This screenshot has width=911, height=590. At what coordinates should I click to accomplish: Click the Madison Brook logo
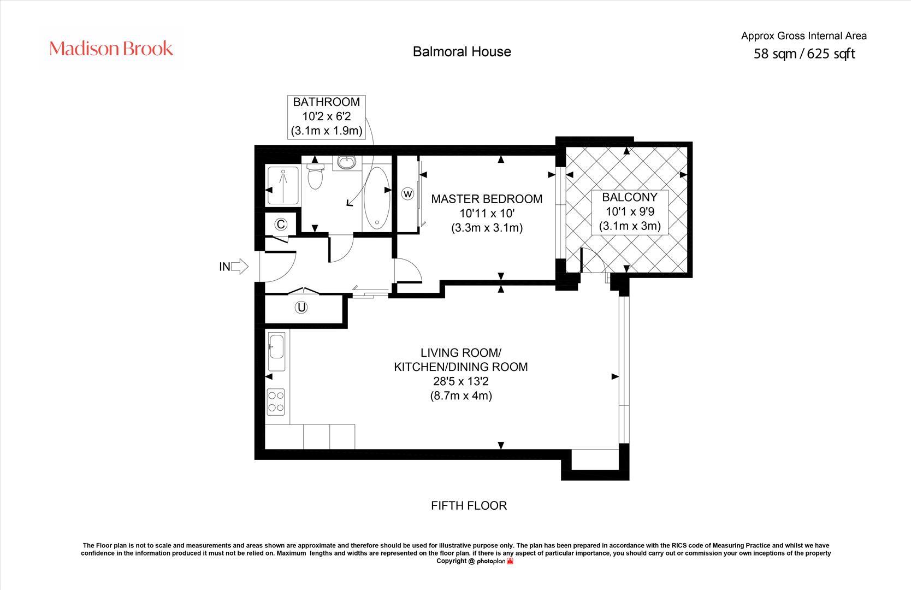click(x=111, y=49)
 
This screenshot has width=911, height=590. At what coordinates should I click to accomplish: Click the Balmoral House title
click(x=462, y=51)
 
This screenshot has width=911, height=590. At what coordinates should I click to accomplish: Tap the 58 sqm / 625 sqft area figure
click(x=804, y=54)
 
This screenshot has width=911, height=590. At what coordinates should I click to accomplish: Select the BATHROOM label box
click(x=327, y=116)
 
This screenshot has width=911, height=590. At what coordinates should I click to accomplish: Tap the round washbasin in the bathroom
click(x=346, y=162)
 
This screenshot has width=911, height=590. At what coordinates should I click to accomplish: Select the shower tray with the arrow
click(x=283, y=185)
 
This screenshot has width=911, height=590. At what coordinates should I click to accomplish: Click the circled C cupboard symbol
click(x=281, y=224)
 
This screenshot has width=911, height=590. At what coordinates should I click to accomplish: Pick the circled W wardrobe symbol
click(x=408, y=193)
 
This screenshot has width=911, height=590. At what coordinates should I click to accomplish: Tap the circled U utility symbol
click(x=301, y=308)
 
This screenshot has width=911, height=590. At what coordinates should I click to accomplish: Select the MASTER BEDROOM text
click(x=487, y=199)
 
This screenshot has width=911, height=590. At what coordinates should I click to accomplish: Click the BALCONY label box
click(x=629, y=211)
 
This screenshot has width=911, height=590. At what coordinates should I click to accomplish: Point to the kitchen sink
click(x=276, y=347)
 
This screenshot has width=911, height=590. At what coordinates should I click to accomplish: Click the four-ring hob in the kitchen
click(x=276, y=401)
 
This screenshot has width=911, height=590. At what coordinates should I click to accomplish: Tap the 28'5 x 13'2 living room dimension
click(x=461, y=381)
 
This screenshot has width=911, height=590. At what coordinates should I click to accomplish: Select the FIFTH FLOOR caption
click(x=469, y=505)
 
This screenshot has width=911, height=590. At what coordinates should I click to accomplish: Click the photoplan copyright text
click(x=474, y=561)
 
